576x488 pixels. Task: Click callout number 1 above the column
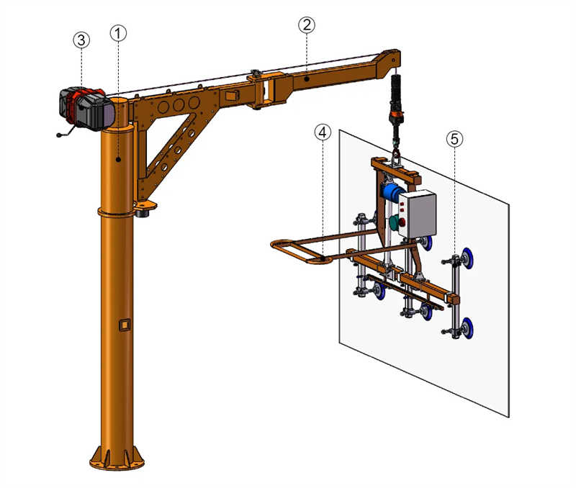pyautogui.click(x=119, y=33)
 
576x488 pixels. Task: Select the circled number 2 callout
pyautogui.click(x=307, y=24)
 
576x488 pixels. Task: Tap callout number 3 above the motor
pyautogui.click(x=81, y=40)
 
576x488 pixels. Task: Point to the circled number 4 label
pyautogui.click(x=323, y=132)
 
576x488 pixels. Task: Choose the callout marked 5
pyautogui.click(x=454, y=140)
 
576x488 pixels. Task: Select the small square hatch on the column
pyautogui.click(x=125, y=325)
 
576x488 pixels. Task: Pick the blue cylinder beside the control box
pyautogui.click(x=390, y=192)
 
